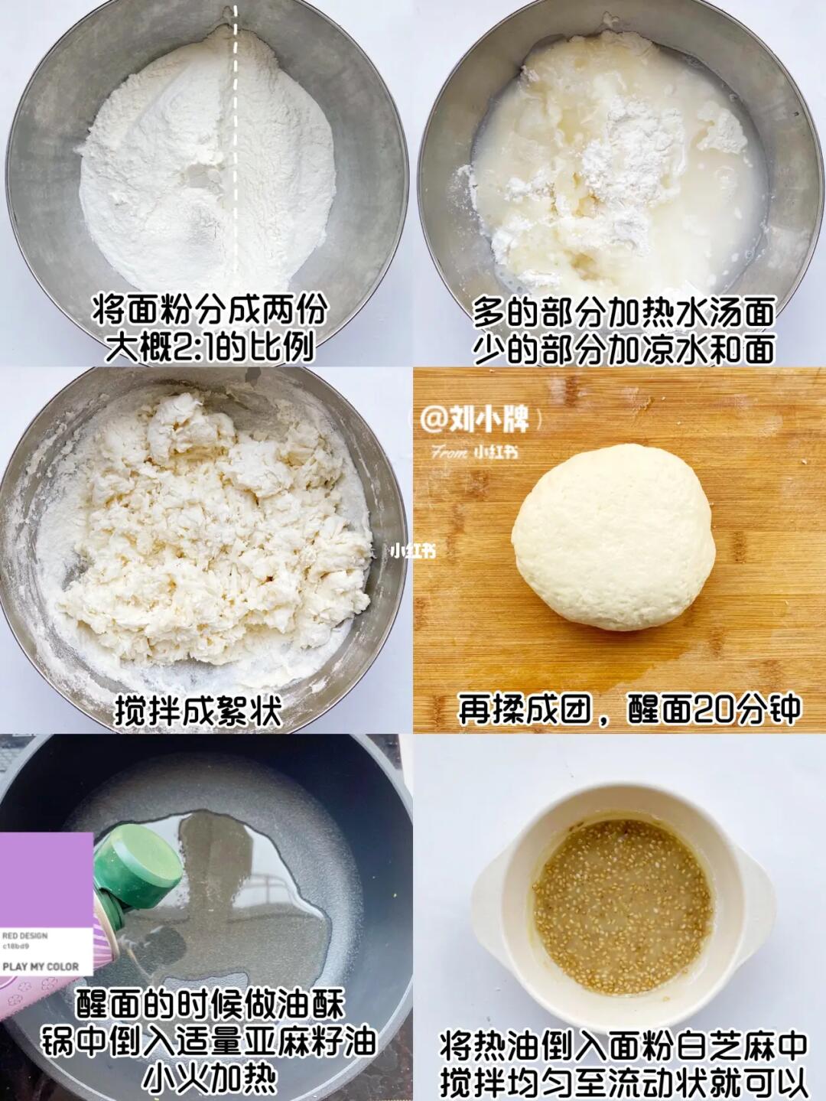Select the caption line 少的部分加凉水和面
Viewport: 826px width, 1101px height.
623,349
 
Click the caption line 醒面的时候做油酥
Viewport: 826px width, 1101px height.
210,1002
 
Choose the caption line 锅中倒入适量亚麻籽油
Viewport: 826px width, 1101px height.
209,1039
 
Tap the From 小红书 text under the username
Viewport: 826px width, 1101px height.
475,453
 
